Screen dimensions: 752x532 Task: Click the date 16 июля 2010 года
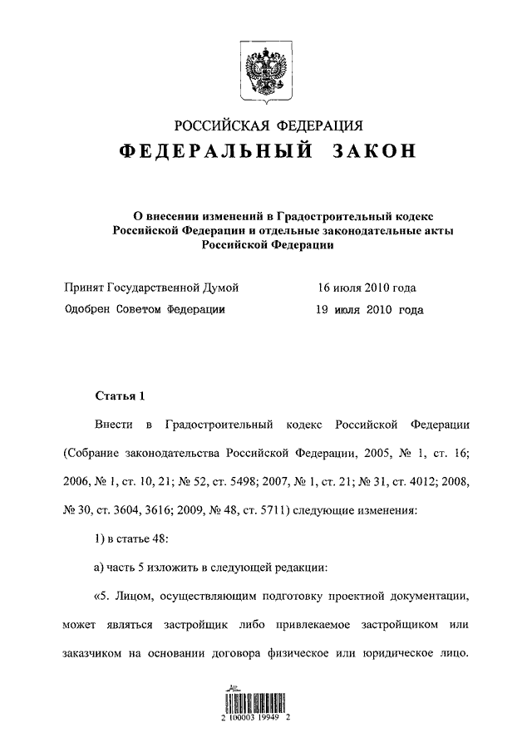click(366, 288)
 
